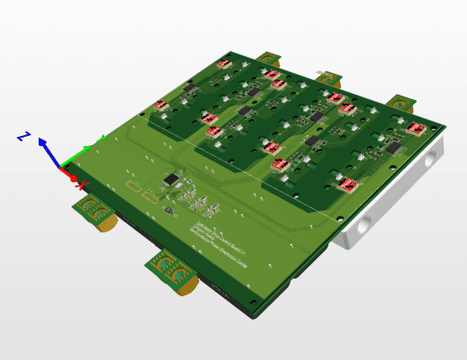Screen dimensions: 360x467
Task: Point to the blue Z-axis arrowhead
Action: tap(43, 143)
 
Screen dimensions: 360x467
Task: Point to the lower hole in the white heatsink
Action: tap(364, 226)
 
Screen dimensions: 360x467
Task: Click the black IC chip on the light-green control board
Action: tap(172, 178)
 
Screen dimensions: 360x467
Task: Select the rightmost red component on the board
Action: tap(417, 128)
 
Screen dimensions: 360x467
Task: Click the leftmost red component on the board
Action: tap(162, 105)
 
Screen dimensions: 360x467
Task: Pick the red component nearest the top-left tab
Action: tap(224, 63)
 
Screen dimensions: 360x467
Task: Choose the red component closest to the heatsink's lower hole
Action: tap(349, 185)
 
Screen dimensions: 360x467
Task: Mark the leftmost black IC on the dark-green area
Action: tap(190, 86)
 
